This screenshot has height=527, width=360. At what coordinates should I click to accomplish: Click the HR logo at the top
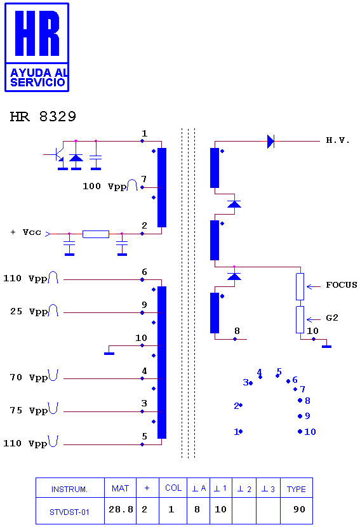[x=37, y=48]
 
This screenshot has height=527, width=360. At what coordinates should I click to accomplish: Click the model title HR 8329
[x=43, y=117]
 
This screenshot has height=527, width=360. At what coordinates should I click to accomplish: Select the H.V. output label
[x=338, y=140]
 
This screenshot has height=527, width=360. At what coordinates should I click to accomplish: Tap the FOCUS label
[x=341, y=285]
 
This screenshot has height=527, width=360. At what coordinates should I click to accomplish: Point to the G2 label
[x=332, y=318]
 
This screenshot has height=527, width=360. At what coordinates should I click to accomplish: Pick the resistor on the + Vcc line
[x=96, y=234]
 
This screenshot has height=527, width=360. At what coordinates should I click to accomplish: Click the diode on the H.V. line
[x=270, y=141]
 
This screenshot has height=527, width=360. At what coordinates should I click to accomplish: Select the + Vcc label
[x=26, y=232]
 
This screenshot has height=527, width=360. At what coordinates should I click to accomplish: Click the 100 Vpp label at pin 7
[x=105, y=186]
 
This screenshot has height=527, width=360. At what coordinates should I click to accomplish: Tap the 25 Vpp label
[x=29, y=312]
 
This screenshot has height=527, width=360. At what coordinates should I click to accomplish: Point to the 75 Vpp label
[x=29, y=410]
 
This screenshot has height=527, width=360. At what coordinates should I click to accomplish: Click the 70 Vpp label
[x=29, y=377]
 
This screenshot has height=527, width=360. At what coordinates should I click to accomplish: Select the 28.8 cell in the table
[x=121, y=509]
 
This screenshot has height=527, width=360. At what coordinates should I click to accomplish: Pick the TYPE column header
[x=296, y=489]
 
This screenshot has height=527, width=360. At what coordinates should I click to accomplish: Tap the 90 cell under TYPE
[x=299, y=509]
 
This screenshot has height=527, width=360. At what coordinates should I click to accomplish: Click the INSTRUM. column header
[x=69, y=490]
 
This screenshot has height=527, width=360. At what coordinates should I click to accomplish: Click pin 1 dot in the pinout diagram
[x=241, y=431]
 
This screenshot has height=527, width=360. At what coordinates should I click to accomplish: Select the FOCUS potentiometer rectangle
[x=300, y=287]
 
